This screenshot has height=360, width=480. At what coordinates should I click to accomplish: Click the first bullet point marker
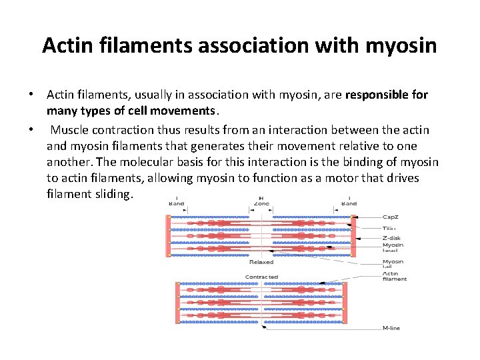point(32,95)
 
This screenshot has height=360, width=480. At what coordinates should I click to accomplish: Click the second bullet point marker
point(32,129)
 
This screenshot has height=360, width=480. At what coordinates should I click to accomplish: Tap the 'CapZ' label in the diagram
point(391,217)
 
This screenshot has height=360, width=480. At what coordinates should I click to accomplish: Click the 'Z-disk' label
point(392,238)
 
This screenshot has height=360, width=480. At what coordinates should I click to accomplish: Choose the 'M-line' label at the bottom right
point(391,328)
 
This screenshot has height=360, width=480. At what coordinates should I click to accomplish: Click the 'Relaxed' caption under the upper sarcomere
point(261,262)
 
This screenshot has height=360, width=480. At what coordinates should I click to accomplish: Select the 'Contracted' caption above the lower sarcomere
point(261,277)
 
